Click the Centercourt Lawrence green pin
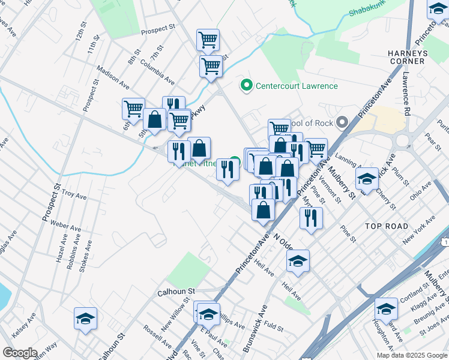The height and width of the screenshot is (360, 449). (245, 86)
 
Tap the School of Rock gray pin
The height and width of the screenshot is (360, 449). (342, 123)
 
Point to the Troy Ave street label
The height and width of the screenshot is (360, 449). (74, 196)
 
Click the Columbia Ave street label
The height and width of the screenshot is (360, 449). (157, 71)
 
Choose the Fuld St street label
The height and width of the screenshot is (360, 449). (273, 327)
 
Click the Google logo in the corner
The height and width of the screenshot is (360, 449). (20, 352)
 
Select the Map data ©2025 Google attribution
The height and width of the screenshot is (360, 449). (412, 355)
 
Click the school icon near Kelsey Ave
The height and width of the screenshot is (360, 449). (86, 319)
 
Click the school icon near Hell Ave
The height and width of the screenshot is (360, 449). (298, 261)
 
